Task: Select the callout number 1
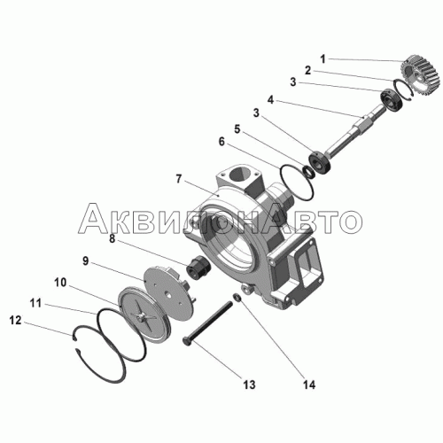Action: click(323, 59)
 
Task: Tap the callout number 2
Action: click(307, 71)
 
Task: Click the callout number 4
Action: click(270, 100)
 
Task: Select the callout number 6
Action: click(221, 142)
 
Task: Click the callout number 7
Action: click(178, 179)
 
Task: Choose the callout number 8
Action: click(112, 239)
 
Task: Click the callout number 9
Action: click(85, 261)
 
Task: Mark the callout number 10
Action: click(60, 283)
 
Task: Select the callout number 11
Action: click(36, 303)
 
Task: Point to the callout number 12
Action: click(15, 320)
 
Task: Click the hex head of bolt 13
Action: click(187, 342)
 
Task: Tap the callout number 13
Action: click(249, 385)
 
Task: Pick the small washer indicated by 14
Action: click(237, 298)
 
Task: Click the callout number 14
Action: click(309, 385)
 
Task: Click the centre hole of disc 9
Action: click(167, 295)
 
